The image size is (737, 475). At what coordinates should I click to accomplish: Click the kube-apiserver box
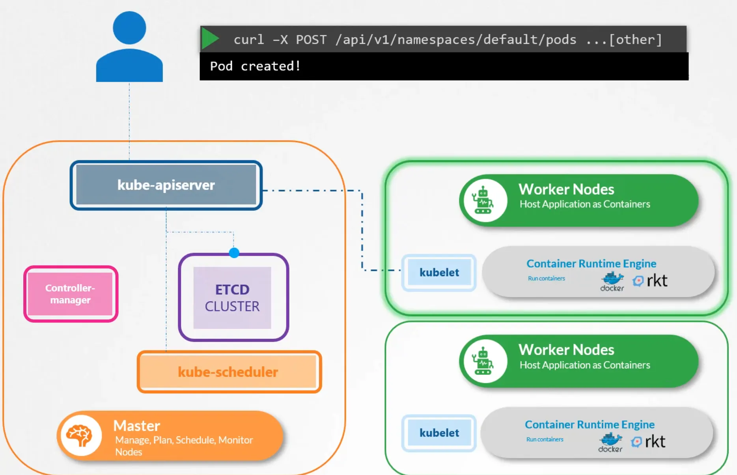click(166, 185)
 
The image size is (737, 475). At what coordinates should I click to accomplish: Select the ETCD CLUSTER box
click(233, 297)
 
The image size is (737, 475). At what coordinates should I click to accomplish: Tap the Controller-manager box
click(71, 294)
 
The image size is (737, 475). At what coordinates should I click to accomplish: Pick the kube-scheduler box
click(229, 372)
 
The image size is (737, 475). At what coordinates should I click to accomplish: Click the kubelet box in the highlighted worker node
click(439, 272)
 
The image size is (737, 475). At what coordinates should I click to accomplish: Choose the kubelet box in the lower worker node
click(439, 433)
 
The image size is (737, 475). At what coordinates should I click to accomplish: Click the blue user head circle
click(129, 28)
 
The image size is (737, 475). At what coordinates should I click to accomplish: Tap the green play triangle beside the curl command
click(211, 39)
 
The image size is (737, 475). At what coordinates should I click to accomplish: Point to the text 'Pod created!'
click(255, 66)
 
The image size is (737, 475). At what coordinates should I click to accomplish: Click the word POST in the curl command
click(311, 39)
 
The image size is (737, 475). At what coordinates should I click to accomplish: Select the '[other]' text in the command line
click(635, 39)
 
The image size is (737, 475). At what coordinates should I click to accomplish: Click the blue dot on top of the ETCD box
click(234, 252)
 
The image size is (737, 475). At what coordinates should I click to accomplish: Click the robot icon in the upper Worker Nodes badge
click(483, 200)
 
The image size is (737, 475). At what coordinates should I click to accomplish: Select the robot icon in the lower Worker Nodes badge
click(483, 361)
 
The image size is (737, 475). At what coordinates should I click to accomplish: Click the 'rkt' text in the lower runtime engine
click(655, 441)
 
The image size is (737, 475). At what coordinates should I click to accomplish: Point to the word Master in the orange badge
click(136, 426)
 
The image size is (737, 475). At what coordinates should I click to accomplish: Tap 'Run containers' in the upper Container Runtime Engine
click(546, 279)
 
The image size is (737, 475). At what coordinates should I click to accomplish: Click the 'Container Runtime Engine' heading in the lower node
click(590, 425)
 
